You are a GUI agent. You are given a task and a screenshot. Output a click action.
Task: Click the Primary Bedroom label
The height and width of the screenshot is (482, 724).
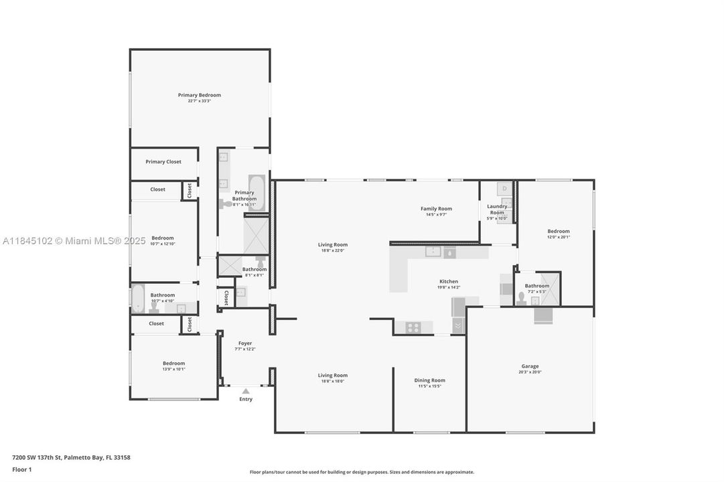199,95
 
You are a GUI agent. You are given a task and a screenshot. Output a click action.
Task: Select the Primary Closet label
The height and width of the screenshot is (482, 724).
163,161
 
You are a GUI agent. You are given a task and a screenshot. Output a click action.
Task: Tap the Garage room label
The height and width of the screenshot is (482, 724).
530,366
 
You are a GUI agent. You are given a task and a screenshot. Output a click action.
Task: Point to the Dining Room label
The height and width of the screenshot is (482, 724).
429,380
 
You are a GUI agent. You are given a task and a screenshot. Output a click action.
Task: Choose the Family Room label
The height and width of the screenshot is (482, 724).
436,208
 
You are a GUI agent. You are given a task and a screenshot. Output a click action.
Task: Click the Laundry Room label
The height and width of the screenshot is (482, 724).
497,210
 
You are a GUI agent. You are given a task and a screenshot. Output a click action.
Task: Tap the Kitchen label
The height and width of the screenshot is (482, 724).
448,281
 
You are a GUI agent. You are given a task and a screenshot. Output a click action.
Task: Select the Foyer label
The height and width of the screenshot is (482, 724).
245,343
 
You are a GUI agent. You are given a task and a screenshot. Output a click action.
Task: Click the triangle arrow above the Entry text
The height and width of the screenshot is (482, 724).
246,391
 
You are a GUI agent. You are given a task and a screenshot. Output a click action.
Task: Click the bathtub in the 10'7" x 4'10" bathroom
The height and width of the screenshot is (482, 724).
137,299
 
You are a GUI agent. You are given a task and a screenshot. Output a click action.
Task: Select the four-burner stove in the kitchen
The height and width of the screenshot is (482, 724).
413,327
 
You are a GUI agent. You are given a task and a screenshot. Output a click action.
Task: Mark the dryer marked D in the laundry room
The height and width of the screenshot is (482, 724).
505,189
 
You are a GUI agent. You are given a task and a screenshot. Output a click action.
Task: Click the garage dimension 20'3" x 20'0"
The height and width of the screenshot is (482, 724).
530,372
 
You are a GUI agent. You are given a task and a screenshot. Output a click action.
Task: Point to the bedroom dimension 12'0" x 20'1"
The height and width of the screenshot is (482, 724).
559,236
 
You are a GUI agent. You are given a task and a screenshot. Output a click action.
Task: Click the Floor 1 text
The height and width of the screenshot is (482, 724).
21,470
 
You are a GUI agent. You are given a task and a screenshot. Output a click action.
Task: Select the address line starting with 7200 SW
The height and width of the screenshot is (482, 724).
71,457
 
